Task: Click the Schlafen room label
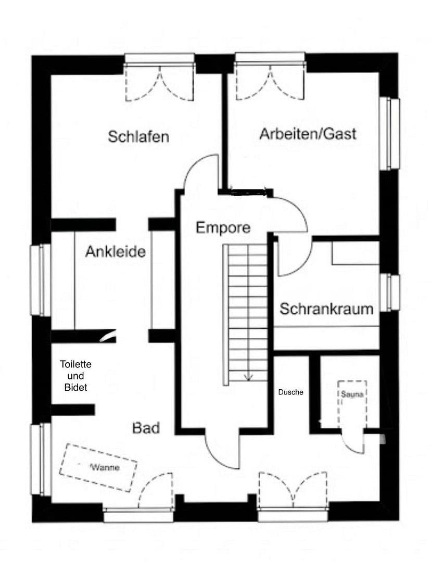click(x=138, y=137)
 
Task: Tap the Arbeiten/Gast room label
click(x=308, y=134)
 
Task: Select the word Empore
click(x=223, y=227)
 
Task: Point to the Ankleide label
click(x=115, y=252)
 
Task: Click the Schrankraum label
click(x=326, y=309)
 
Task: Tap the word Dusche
click(x=290, y=392)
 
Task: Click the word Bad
click(x=146, y=428)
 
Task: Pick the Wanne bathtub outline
click(x=98, y=467)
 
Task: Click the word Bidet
click(x=75, y=388)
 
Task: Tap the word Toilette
click(x=75, y=365)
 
